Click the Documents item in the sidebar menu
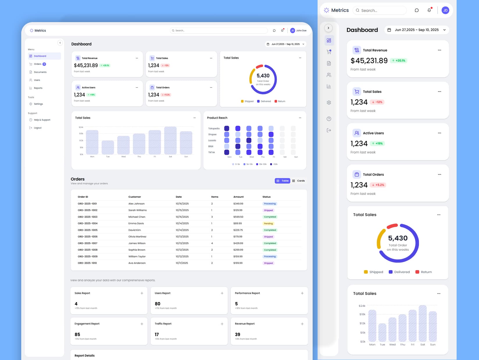tap(40, 72)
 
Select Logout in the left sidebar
tap(38, 128)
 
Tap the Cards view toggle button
tap(298, 181)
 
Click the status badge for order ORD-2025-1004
tap(268, 224)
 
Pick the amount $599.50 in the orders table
tap(238, 217)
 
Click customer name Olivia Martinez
tap(137, 237)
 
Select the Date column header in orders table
tap(179, 197)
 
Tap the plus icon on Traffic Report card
tap(222, 324)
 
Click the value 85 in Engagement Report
tap(77, 334)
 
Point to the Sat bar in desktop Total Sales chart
tap(170, 141)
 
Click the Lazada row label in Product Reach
tap(212, 140)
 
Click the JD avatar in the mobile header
tap(445, 10)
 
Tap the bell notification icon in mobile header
tap(429, 10)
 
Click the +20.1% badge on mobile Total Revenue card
tap(398, 61)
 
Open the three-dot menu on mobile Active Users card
tap(439, 133)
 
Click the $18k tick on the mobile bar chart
tap(362, 314)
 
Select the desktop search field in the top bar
tap(219, 31)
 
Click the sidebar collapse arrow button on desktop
tap(60, 43)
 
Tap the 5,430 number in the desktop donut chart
tap(263, 76)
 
